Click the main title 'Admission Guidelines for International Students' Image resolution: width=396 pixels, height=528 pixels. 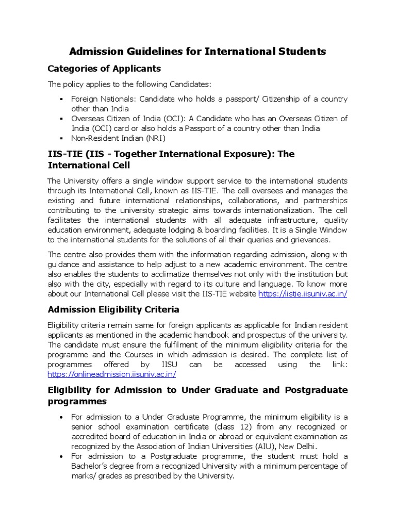click(x=197, y=52)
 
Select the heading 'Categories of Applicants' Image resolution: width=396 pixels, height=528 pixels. click(x=104, y=69)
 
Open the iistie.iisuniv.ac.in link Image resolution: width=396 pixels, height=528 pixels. click(x=303, y=294)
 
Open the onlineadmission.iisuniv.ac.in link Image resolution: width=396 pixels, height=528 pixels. click(x=112, y=374)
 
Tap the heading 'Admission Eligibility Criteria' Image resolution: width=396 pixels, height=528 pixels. click(x=113, y=309)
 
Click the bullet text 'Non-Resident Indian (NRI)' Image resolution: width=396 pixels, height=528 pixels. click(x=119, y=138)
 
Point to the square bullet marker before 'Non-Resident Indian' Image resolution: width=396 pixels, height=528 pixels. click(x=61, y=138)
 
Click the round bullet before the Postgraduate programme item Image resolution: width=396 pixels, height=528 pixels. click(x=61, y=456)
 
